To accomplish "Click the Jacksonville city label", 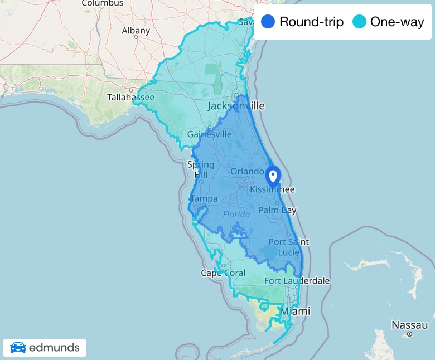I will click(236, 106).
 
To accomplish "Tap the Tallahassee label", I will click(130, 98).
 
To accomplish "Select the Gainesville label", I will click(209, 134).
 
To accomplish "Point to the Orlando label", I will click(246, 171).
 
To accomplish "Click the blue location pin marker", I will click(273, 176).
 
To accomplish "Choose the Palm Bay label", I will click(277, 210).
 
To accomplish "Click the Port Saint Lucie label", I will click(288, 247).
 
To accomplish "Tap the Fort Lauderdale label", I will click(297, 281).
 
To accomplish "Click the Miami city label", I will click(295, 311).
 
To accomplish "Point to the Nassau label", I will click(409, 325).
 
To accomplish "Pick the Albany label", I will click(136, 31).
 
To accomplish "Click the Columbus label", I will click(102, 3).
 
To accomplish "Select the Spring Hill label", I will click(200, 169).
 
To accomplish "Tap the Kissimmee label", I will click(272, 190).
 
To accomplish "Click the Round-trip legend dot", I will click(268, 22).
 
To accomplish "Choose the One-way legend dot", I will click(359, 22).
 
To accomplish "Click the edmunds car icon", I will click(18, 348).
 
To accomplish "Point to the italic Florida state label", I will click(236, 215).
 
